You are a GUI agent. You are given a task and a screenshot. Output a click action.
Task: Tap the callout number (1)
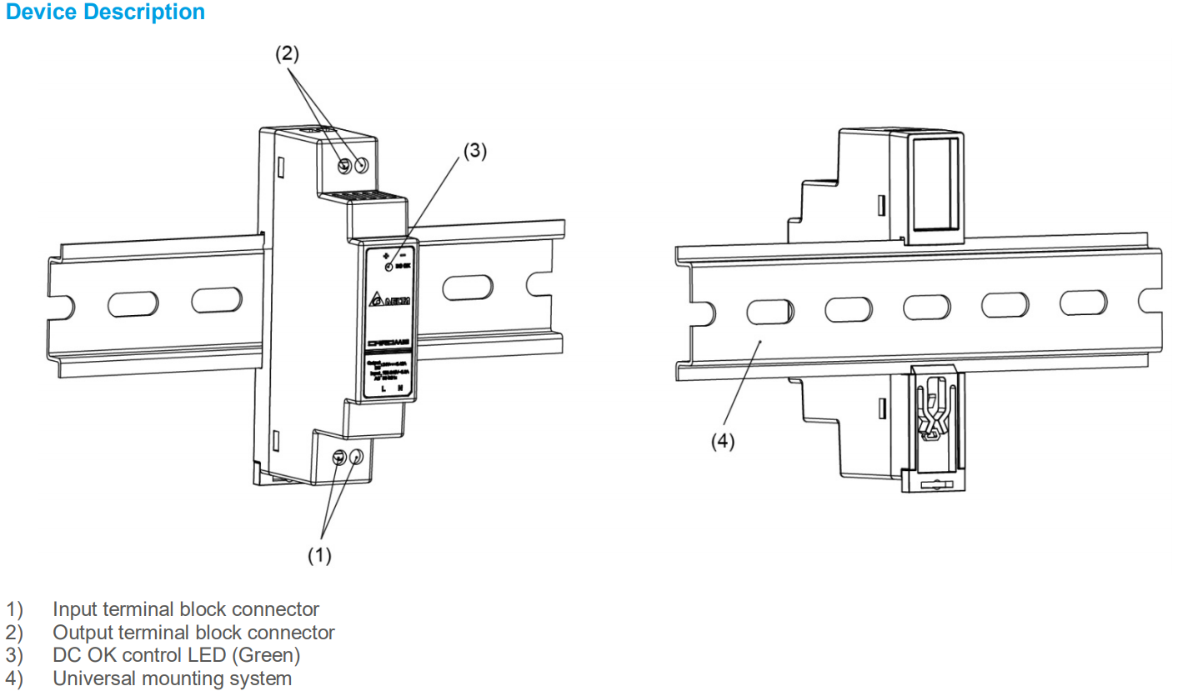pos(320,556)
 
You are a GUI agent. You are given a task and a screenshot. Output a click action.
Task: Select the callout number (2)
pos(287,54)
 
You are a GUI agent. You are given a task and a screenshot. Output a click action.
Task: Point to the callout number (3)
pos(474,151)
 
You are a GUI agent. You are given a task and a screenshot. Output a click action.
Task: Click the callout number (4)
pos(722,442)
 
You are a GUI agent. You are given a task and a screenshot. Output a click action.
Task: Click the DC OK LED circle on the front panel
pos(389,266)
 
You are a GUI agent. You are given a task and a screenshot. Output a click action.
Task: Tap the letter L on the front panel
pos(383,389)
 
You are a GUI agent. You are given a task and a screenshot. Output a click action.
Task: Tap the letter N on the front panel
pos(401,389)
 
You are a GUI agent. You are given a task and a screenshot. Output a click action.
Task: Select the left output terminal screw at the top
pos(344,166)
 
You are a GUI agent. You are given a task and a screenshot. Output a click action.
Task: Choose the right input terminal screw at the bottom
pos(357,457)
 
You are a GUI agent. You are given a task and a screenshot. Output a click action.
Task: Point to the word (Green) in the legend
pos(267,655)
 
